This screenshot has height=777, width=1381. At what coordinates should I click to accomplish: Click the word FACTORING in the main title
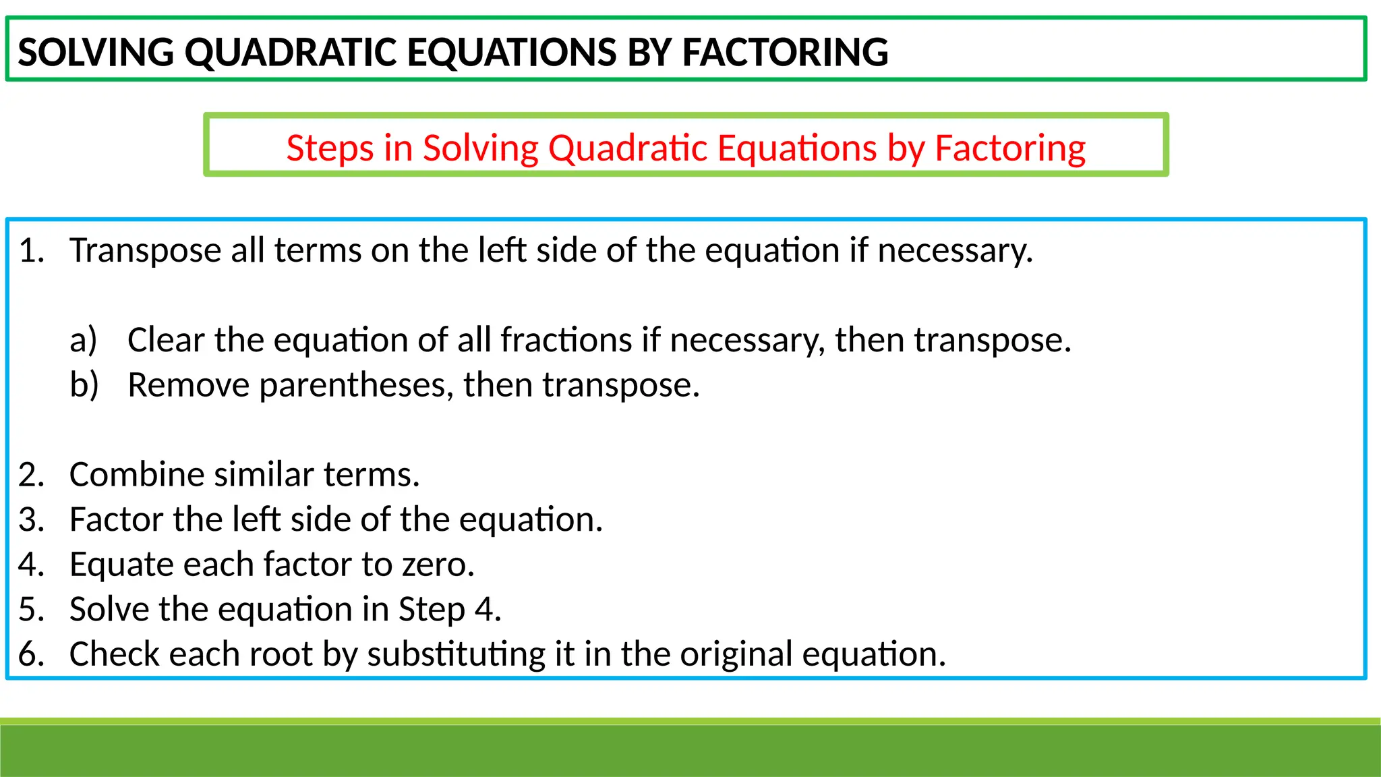tap(785, 52)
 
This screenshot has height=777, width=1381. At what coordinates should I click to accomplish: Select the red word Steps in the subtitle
tap(329, 148)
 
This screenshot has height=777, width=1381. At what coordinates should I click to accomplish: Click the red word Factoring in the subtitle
tap(1009, 148)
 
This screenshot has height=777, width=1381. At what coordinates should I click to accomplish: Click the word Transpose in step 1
tap(145, 250)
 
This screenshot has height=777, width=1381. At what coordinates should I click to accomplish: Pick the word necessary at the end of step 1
tap(953, 250)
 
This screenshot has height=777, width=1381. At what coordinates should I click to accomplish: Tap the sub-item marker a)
tap(84, 339)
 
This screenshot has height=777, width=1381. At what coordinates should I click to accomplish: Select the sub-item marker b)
tap(84, 384)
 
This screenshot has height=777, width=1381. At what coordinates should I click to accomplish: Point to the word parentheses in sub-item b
tap(355, 385)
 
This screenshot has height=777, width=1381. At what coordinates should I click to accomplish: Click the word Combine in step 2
tap(137, 474)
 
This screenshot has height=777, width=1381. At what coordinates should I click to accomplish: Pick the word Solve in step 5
tap(109, 609)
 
